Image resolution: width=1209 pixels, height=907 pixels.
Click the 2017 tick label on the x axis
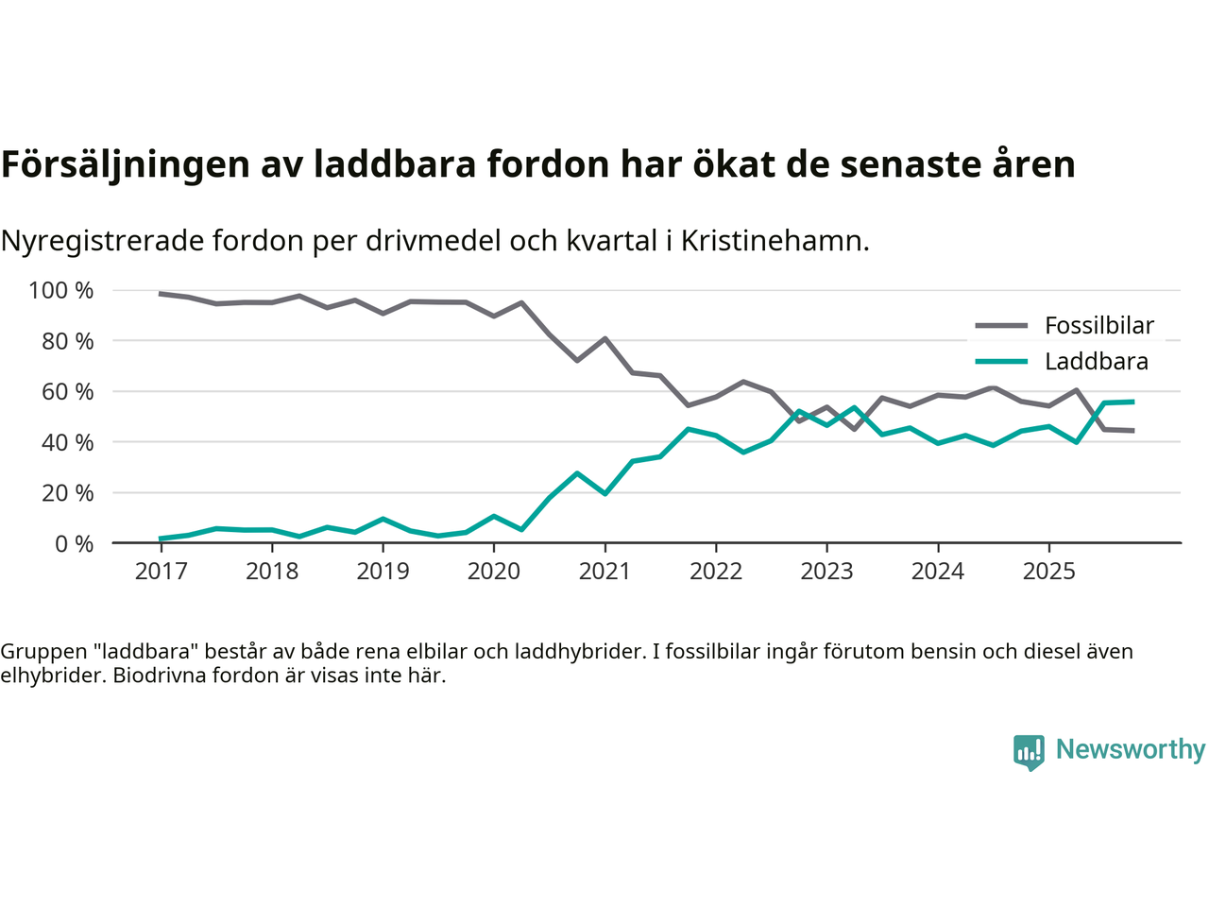click(x=161, y=572)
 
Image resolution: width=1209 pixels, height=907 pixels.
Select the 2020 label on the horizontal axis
click(x=494, y=572)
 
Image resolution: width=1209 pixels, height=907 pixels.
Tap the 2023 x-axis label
click(x=826, y=572)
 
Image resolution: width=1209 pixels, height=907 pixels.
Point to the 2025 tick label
click(x=1048, y=572)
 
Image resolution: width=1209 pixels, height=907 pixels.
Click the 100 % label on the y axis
click(x=61, y=291)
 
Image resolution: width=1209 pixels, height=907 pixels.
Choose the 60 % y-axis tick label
click(x=67, y=392)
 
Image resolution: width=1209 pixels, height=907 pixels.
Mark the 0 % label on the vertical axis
click(x=73, y=544)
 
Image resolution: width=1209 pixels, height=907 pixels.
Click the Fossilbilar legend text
click(x=1098, y=326)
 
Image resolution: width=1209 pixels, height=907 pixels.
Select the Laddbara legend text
click(x=1096, y=362)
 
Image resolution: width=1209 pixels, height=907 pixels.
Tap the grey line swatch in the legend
click(x=1000, y=326)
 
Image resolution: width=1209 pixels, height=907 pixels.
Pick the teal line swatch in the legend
click(x=1000, y=362)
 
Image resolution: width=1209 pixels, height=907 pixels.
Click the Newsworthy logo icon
click(x=1029, y=752)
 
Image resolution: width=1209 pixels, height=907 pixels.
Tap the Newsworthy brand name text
click(x=1130, y=749)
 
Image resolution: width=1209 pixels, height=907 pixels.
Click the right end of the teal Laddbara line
click(x=1132, y=402)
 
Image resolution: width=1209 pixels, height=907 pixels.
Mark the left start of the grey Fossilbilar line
click(x=161, y=294)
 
